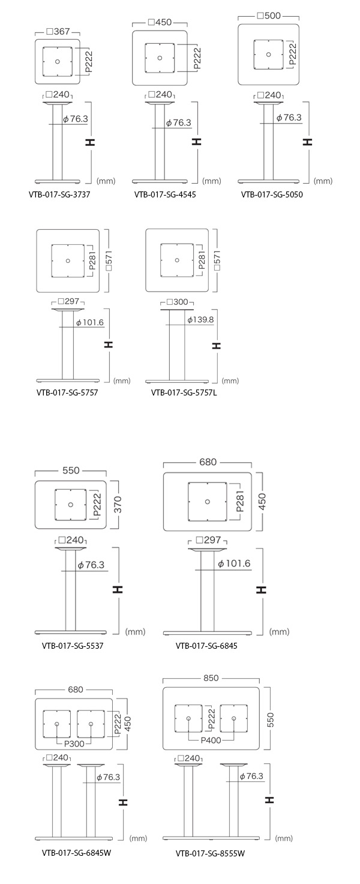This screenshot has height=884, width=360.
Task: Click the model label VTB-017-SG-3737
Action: pos(59,194)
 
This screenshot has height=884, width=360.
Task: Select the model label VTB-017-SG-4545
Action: pos(165,194)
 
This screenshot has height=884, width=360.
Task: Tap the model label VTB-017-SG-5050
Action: pos(272,194)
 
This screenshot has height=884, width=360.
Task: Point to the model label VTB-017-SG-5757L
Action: pos(184,392)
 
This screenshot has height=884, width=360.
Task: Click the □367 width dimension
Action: pos(58,32)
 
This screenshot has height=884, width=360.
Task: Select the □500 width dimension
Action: pos(268,16)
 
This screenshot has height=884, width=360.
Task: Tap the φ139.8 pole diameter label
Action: pos(200,320)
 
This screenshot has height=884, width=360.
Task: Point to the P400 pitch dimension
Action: pos(211,741)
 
